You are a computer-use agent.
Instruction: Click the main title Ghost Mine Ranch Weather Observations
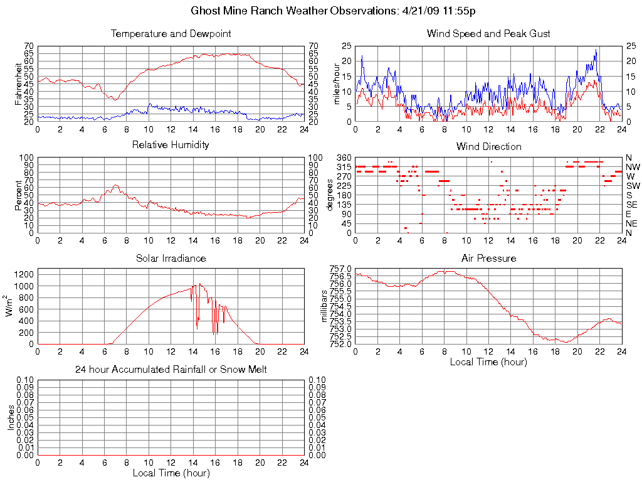click(338, 11)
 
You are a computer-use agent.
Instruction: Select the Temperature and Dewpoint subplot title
click(171, 33)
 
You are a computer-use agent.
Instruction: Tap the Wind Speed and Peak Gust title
click(488, 33)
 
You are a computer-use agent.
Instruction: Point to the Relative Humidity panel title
click(171, 145)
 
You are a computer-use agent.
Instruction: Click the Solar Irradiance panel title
click(171, 258)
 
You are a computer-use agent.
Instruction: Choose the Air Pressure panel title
click(488, 258)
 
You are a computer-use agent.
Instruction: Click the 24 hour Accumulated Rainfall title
click(171, 370)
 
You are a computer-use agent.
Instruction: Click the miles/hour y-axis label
click(337, 83)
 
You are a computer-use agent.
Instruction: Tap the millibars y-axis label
click(325, 306)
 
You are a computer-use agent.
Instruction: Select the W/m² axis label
click(11, 306)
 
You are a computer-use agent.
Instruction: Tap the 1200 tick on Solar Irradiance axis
click(24, 274)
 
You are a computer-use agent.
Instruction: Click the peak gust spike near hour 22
click(596, 50)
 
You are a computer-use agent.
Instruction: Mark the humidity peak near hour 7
click(115, 185)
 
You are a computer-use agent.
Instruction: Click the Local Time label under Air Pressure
click(488, 361)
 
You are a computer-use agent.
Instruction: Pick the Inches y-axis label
click(11, 417)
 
